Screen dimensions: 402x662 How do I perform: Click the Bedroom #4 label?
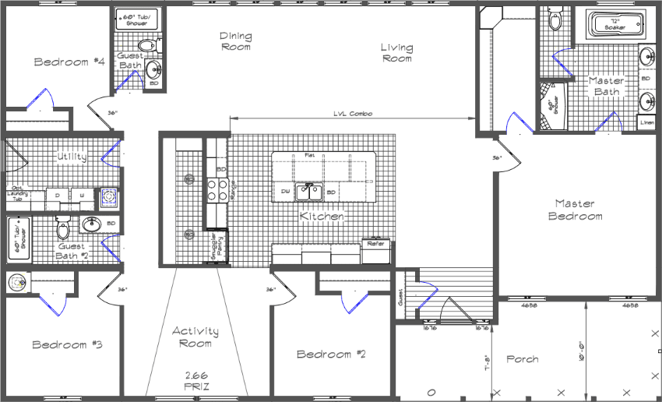69,62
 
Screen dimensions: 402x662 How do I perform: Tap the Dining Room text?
235,41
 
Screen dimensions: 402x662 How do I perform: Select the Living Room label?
396,53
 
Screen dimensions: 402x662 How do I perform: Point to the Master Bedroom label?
576,210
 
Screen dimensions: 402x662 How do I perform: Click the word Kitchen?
322,216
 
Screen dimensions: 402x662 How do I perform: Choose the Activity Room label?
195,337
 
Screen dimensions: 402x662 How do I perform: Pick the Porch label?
523,359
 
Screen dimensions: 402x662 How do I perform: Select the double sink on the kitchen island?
313,191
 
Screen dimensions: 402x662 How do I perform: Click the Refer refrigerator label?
375,244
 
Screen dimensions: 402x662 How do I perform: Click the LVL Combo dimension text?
353,114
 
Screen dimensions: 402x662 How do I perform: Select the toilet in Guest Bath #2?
63,228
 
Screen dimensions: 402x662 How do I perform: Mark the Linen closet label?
646,122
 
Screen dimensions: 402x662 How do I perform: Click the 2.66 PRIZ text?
195,379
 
